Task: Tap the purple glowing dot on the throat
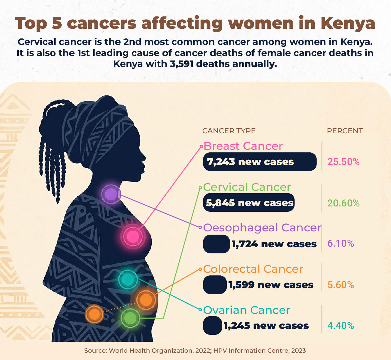click(111, 194)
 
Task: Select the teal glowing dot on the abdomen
click(128, 279)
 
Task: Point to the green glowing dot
click(130, 318)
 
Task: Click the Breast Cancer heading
click(243, 146)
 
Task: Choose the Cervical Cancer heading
click(247, 187)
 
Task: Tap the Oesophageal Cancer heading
click(262, 228)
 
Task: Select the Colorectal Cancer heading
click(253, 269)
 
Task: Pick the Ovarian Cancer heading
click(246, 310)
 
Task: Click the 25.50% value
click(343, 162)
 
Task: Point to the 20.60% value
click(343, 203)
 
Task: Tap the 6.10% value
click(341, 243)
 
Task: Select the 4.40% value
click(341, 325)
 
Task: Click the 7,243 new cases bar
click(260, 162)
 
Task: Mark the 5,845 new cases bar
click(249, 203)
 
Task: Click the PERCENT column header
click(345, 131)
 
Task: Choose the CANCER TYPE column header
click(229, 131)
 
